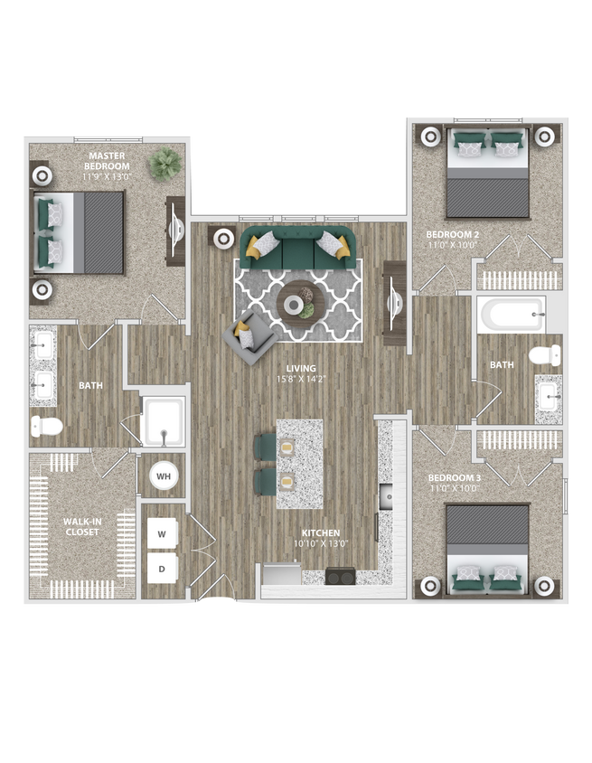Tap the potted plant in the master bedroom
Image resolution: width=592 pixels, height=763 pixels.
pyautogui.click(x=165, y=163)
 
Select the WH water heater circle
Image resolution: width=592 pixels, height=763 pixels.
pyautogui.click(x=164, y=476)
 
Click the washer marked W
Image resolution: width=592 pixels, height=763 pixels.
pyautogui.click(x=163, y=534)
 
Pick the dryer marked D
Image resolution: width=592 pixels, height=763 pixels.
pyautogui.click(x=163, y=569)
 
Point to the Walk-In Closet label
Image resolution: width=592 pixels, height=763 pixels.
pyautogui.click(x=81, y=526)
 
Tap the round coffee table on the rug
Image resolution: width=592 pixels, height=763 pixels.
pyautogui.click(x=296, y=305)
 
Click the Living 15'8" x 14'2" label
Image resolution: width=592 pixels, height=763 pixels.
pyautogui.click(x=301, y=373)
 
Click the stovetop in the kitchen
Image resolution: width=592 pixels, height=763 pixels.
pyautogui.click(x=341, y=577)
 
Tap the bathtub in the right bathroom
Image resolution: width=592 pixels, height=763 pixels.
pyautogui.click(x=512, y=316)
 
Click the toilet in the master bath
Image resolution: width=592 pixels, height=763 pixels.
pyautogui.click(x=46, y=425)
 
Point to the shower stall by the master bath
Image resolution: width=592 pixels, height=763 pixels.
pyautogui.click(x=164, y=421)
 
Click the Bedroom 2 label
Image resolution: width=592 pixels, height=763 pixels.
pyautogui.click(x=452, y=239)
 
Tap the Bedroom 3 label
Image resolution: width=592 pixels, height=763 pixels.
pyautogui.click(x=452, y=482)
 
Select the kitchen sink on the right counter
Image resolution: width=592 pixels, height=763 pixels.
pyautogui.click(x=386, y=496)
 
